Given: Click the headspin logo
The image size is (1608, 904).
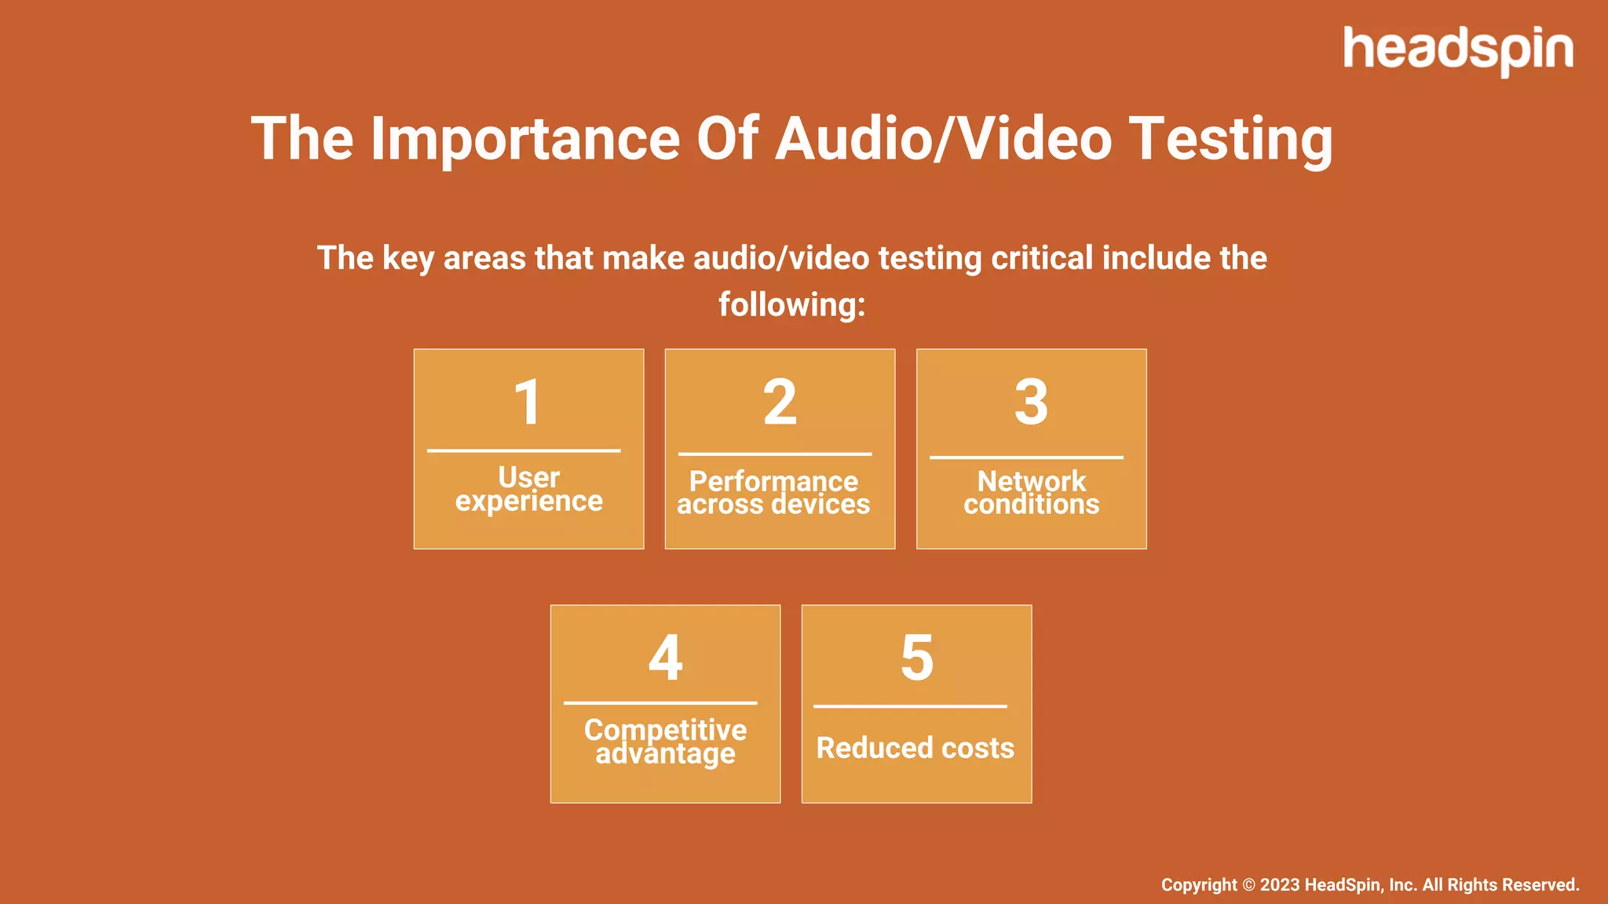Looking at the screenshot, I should click(x=1457, y=50).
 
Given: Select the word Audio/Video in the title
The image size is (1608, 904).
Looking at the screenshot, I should click(x=944, y=139).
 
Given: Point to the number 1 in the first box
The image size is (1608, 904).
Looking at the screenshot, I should click(x=528, y=402).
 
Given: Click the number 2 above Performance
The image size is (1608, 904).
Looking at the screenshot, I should click(x=780, y=402).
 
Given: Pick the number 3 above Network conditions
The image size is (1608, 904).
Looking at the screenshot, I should click(x=1031, y=402).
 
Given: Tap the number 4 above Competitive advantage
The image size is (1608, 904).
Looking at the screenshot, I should click(x=665, y=658).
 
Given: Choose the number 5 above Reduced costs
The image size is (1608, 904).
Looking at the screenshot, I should click(x=916, y=658).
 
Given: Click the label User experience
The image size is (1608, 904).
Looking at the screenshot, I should click(x=528, y=489).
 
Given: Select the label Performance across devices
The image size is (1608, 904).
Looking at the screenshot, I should click(x=773, y=493).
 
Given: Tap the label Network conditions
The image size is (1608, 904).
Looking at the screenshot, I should click(x=1031, y=493).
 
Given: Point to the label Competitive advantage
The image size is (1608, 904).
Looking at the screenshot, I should click(x=665, y=741).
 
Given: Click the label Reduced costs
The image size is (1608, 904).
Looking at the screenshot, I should click(x=915, y=748).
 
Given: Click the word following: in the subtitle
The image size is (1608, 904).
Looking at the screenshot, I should click(x=791, y=304).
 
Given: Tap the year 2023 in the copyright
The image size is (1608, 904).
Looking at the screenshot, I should click(x=1280, y=885).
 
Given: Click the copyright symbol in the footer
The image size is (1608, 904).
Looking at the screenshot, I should click(x=1248, y=885).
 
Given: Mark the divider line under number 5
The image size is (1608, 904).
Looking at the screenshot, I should click(x=910, y=706).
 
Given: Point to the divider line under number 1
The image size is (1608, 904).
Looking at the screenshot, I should click(x=524, y=450).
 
